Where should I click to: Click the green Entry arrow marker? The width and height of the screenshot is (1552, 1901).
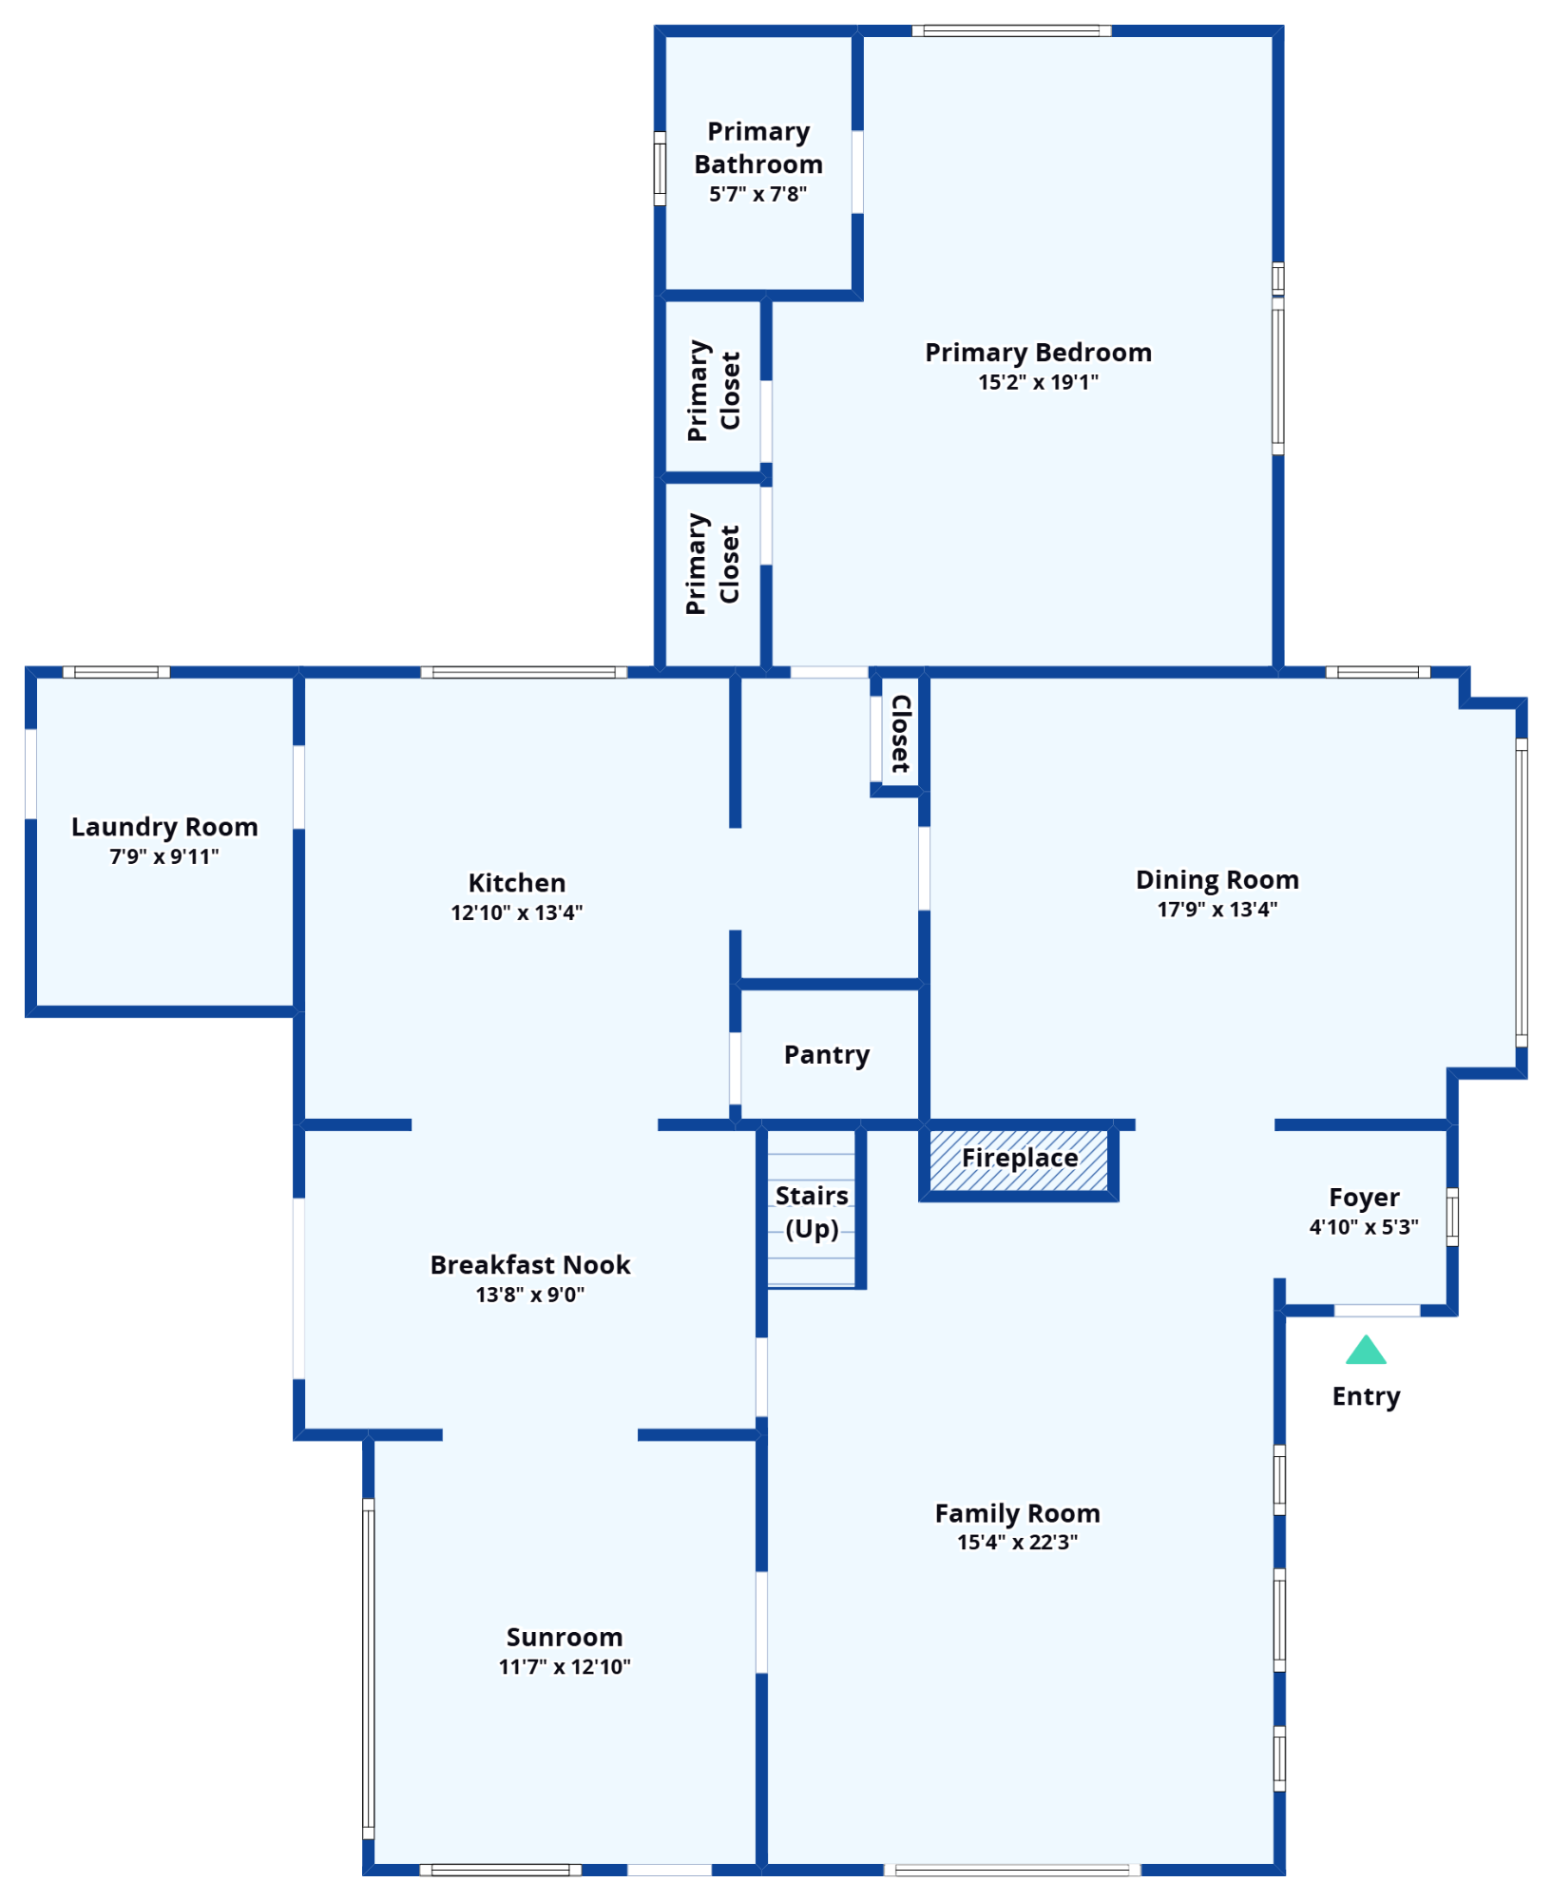[x=1366, y=1351]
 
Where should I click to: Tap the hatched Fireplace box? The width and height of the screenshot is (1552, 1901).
[x=1019, y=1160]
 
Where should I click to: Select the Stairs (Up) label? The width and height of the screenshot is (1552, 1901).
[x=812, y=1212]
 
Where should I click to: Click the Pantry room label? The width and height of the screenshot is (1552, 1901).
[x=827, y=1055]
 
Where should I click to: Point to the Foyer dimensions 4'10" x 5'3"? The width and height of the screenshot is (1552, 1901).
[x=1364, y=1227]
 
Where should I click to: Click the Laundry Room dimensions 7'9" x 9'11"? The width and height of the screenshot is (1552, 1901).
[x=164, y=856]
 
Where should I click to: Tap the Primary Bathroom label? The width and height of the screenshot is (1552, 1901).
[x=758, y=147]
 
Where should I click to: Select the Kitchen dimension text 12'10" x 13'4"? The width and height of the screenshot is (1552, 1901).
[x=516, y=912]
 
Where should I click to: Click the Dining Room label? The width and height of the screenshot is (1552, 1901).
[x=1217, y=879]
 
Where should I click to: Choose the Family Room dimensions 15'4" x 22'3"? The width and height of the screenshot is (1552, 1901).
[x=1017, y=1542]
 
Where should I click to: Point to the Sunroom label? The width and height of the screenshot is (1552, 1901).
[x=565, y=1637]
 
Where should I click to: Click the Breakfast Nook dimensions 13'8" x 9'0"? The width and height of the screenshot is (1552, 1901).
[x=530, y=1295]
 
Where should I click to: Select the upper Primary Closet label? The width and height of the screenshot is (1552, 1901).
[x=714, y=391]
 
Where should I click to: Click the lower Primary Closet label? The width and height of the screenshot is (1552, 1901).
[x=713, y=565]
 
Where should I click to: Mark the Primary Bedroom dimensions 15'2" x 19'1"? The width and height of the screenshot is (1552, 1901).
[x=1038, y=382]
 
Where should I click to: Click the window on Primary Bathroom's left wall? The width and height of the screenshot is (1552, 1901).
[x=660, y=168]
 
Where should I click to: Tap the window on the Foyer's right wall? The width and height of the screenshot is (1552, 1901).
[x=1452, y=1217]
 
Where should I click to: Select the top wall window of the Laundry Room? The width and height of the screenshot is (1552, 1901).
[x=116, y=672]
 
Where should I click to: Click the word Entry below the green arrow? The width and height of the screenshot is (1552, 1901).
[x=1367, y=1396]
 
